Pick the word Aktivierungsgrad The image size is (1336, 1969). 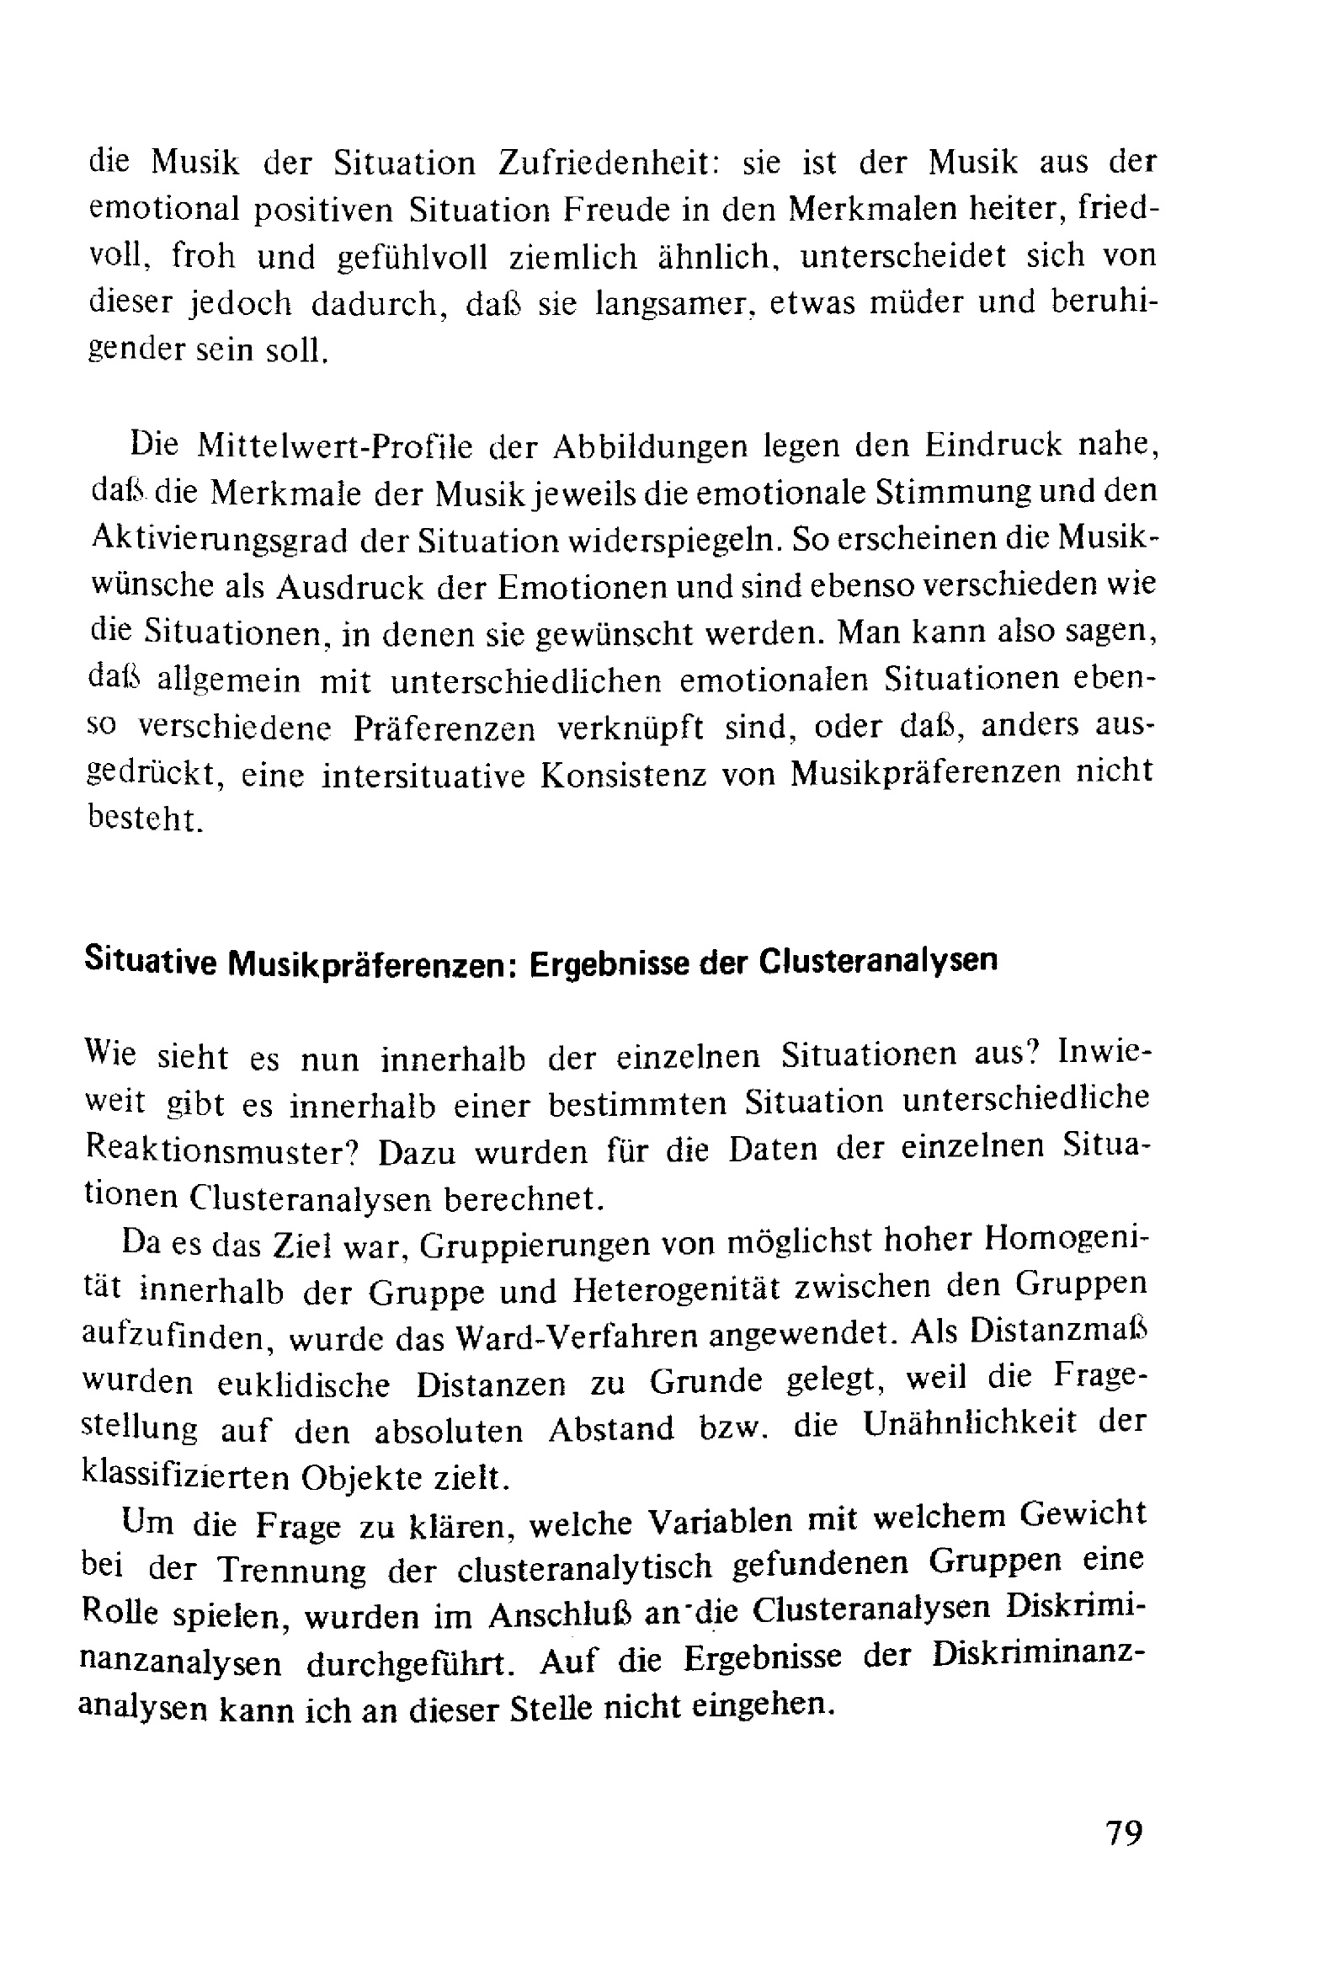pyautogui.click(x=219, y=541)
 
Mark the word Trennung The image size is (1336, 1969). pyautogui.click(x=292, y=1570)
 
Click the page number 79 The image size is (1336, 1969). pyautogui.click(x=1124, y=1833)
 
